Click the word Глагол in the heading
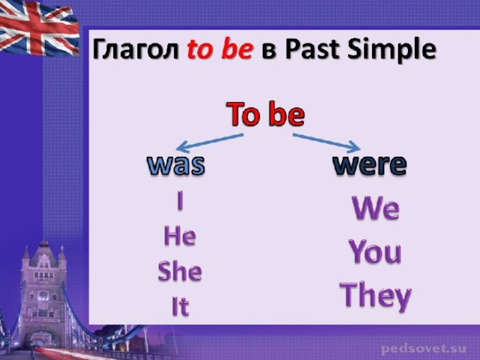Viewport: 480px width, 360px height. tap(136, 49)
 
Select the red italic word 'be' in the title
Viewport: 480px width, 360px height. tap(238, 49)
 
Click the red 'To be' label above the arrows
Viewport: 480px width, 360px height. tap(265, 114)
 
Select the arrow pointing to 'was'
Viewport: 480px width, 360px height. tap(210, 142)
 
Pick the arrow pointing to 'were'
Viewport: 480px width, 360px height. tap(326, 142)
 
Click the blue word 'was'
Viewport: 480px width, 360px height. tap(176, 165)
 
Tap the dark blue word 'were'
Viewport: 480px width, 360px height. tap(370, 165)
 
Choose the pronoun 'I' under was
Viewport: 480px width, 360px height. tap(180, 200)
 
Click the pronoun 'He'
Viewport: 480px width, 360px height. tap(180, 235)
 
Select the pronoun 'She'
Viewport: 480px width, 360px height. tap(180, 271)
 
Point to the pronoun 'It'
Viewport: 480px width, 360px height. tap(181, 306)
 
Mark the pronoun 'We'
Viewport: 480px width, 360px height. tap(376, 208)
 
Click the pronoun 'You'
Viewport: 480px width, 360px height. tap(375, 251)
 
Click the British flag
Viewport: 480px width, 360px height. tap(38, 28)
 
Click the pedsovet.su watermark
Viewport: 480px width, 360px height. tap(424, 349)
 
